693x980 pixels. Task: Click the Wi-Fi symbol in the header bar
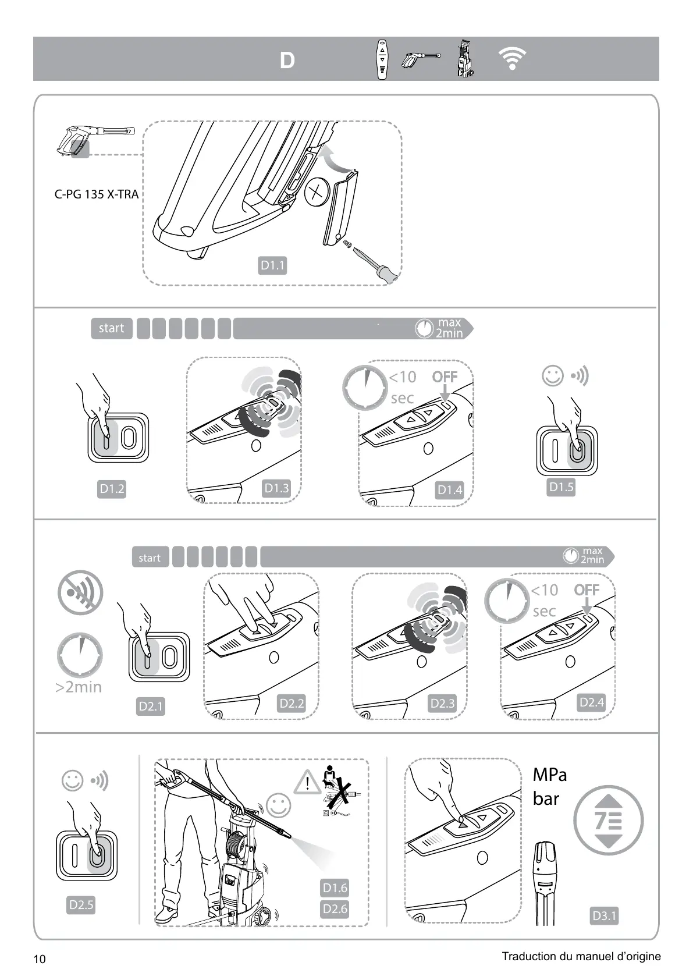pos(512,59)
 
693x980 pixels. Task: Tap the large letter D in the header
pos(287,61)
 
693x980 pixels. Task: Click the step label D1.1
pos(272,266)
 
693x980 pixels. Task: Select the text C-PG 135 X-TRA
pos(97,194)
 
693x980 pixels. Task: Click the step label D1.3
pos(276,488)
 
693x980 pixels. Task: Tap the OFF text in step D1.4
pos(445,377)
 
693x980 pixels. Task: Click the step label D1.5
pos(561,487)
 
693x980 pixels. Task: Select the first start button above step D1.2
pos(111,328)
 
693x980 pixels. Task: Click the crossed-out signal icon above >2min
pos(80,592)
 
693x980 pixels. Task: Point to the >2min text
pos(79,687)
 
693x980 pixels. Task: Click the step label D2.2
pos(292,704)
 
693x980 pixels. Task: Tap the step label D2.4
pos(592,702)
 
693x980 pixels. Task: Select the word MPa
pos(549,775)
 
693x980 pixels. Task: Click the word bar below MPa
pos(546,799)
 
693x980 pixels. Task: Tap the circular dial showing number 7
pos(608,821)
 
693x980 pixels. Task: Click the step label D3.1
pos(604,916)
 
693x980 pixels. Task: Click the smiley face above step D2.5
pos(73,781)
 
